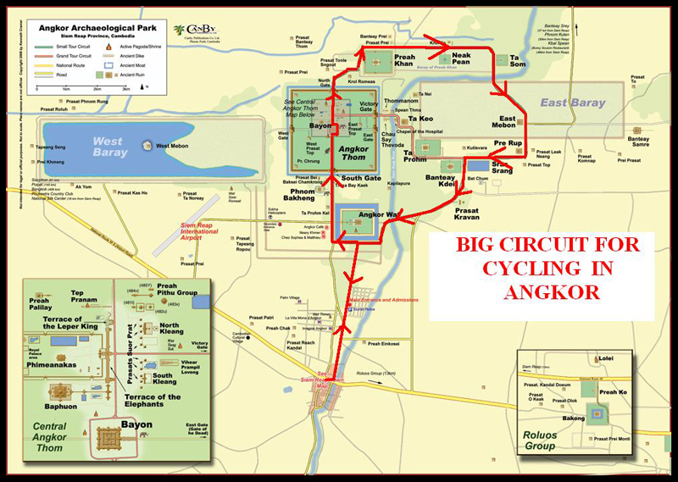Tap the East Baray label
click(573, 103)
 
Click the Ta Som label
click(517, 61)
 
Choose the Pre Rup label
click(508, 145)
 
